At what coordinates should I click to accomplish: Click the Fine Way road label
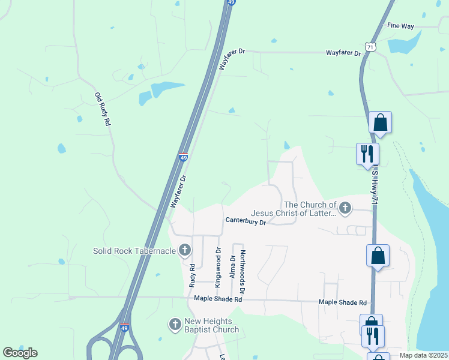pos(400,26)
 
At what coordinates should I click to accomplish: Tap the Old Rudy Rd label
pos(103,109)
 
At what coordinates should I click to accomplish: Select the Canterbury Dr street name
pos(246,221)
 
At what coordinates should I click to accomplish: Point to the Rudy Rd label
pos(193,274)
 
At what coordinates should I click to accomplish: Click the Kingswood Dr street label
pos(218,264)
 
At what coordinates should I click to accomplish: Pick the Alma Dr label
pos(233,268)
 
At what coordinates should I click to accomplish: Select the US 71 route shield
pos(370,47)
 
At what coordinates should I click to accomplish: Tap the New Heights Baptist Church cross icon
pos(175,325)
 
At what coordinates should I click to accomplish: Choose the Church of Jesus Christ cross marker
pos(345,208)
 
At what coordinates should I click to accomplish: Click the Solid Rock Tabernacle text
pos(135,250)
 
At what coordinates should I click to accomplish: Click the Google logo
pos(20,352)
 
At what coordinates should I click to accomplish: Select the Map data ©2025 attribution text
pos(423,355)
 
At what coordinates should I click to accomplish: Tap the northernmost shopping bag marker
pos(380,122)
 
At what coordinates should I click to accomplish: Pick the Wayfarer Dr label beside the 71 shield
pos(343,53)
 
